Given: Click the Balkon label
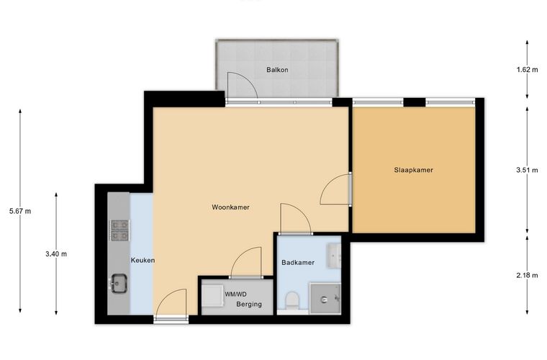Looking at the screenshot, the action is click(277, 70).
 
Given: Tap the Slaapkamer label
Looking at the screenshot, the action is click(413, 170).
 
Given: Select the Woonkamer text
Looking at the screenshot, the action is click(230, 207).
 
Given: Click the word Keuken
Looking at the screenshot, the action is click(143, 260).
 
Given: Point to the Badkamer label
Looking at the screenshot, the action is click(298, 263).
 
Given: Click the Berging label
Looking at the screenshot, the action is click(249, 304).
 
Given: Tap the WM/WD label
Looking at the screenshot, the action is click(235, 294).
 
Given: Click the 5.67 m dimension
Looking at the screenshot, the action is click(20, 211).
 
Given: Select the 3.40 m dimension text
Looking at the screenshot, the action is click(56, 254).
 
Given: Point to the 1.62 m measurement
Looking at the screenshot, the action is click(527, 69).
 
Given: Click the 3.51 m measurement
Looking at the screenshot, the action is click(527, 170).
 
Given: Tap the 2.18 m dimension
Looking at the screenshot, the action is click(527, 275).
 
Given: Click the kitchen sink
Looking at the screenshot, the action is click(119, 283).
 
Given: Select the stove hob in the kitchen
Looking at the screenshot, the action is click(119, 230).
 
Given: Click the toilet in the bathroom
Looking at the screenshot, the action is click(292, 301).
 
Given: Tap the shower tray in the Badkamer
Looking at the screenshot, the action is click(325, 298).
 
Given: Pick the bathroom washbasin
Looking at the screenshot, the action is click(334, 256).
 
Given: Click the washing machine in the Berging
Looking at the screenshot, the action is click(213, 296).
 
